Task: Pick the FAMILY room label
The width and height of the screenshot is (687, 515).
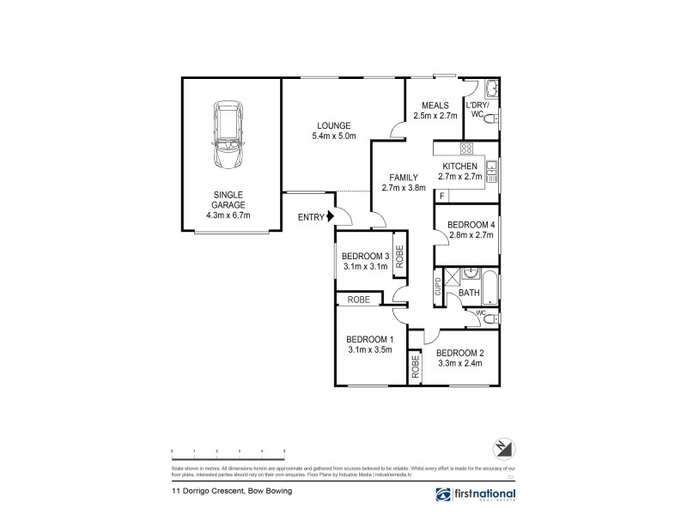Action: click(404, 178)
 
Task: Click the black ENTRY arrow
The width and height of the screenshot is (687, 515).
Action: click(330, 218)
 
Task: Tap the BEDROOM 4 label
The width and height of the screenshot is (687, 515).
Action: click(471, 225)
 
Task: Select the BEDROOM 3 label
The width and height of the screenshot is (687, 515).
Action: click(365, 256)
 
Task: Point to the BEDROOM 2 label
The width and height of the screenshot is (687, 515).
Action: click(459, 353)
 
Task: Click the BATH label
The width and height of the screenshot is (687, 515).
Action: click(468, 293)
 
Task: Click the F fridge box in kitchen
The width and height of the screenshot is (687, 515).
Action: click(441, 197)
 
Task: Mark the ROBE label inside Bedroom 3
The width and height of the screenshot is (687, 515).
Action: click(400, 254)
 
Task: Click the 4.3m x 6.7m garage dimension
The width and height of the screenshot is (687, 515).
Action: click(228, 215)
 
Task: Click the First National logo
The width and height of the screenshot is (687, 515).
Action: click(473, 494)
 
